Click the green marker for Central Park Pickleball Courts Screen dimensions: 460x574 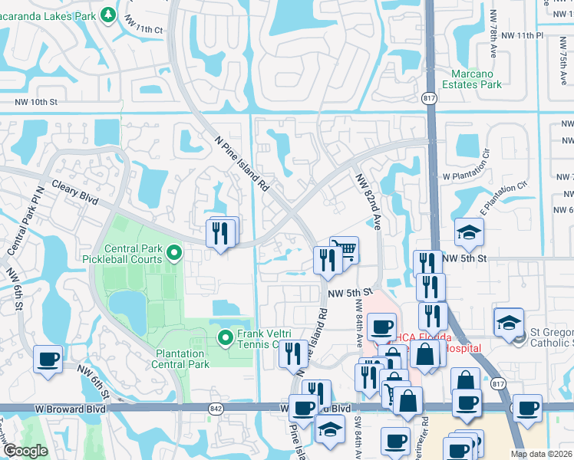pos(174,251)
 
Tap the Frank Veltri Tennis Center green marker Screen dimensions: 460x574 pos(226,337)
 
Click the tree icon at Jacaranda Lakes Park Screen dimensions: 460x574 pos(109,15)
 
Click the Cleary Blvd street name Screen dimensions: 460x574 pos(75,192)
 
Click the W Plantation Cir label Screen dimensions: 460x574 pos(466,175)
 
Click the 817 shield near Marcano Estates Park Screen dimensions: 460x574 pos(430,99)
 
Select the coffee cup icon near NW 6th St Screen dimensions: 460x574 pos(48,359)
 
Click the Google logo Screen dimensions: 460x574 pos(25,452)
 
